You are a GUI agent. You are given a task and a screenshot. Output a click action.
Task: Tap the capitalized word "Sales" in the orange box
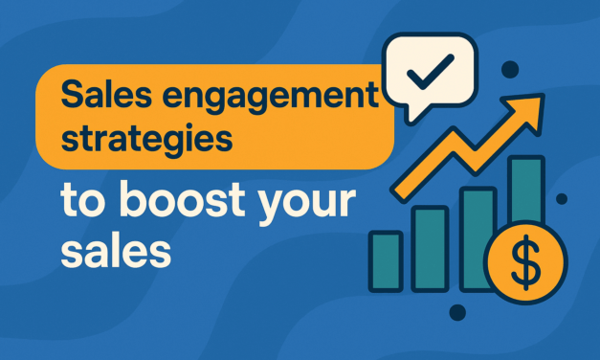[106, 93]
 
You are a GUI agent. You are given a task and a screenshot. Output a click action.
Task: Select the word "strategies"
[147, 140]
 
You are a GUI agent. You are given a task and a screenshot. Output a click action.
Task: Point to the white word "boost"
[182, 199]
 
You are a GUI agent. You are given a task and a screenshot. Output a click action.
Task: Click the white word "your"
[306, 205]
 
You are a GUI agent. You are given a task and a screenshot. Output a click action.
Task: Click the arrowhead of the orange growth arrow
[526, 111]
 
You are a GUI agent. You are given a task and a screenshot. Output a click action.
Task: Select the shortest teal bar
[386, 261]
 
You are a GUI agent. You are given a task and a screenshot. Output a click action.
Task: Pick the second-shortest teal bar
[430, 249]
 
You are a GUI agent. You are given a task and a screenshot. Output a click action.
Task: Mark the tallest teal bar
[526, 190]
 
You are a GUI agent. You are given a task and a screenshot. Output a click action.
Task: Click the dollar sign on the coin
[526, 262]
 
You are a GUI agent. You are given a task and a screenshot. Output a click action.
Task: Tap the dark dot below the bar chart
[457, 312]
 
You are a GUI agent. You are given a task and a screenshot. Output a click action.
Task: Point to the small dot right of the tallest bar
[562, 199]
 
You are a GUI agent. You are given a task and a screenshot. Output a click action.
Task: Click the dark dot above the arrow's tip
[510, 69]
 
